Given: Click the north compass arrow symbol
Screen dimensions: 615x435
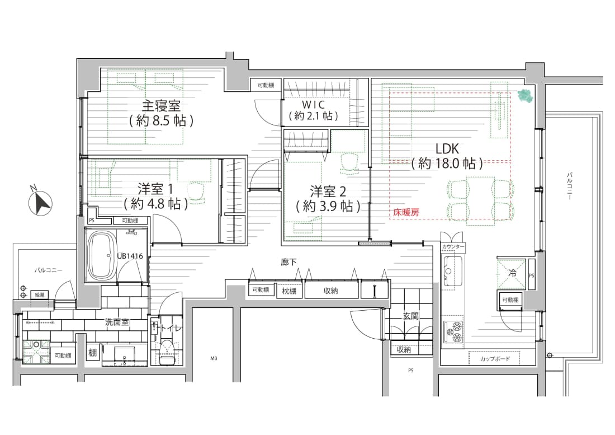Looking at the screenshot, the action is [x=41, y=200].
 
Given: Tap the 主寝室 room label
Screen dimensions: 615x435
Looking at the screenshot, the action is [x=161, y=106].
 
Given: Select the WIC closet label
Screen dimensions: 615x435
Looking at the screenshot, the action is [x=314, y=105].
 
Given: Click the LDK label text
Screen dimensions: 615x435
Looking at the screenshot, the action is [x=447, y=148].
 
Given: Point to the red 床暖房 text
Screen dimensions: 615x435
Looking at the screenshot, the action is [x=406, y=212].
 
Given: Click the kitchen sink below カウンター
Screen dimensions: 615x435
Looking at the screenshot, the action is [x=452, y=270].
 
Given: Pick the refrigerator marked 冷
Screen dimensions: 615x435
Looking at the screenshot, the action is [x=512, y=274].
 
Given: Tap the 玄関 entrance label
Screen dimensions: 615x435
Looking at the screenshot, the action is [x=411, y=316].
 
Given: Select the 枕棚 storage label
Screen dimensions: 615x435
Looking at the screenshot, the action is [x=290, y=291].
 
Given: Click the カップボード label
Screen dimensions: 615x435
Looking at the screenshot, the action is [x=495, y=358].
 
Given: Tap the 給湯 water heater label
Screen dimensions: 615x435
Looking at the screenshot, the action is [x=40, y=294].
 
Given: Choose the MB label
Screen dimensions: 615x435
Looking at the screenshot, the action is [x=214, y=358].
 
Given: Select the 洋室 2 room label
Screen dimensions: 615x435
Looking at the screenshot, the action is [x=328, y=191].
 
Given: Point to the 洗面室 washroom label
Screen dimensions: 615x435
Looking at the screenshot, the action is [x=117, y=322].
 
